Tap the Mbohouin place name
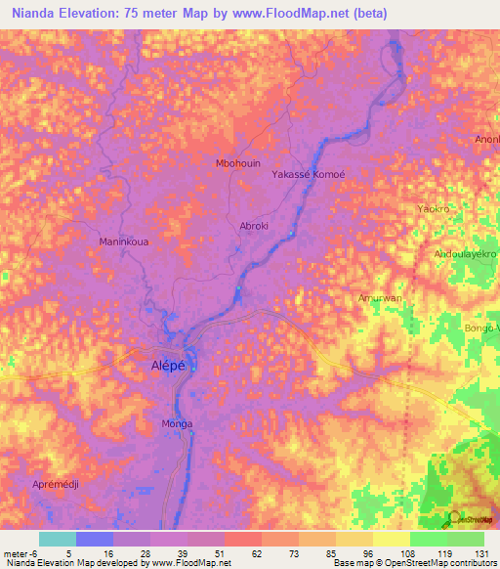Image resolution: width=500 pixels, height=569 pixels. coord(237,163)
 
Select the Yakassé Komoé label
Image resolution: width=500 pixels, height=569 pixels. coord(309,173)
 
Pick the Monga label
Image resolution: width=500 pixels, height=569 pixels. coord(177,423)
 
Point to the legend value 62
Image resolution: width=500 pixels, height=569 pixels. coord(242,552)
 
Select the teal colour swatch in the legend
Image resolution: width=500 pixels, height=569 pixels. coord(57,539)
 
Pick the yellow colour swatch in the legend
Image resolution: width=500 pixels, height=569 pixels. coord(392,539)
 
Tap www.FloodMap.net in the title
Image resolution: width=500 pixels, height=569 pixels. coord(292,14)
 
